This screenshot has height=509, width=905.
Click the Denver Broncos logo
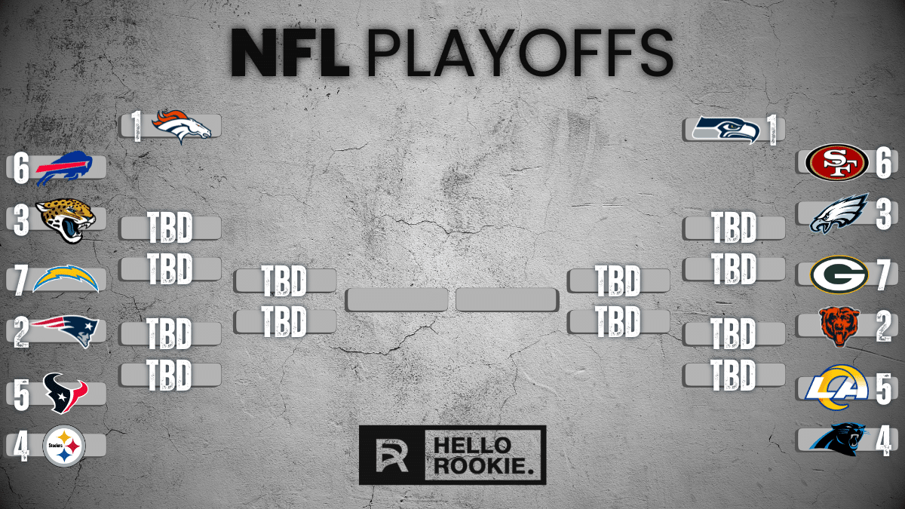(182, 127)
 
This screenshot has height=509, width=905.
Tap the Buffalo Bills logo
(68, 168)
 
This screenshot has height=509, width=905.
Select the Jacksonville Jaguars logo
(66, 220)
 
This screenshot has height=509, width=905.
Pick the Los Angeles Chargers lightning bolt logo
(66, 279)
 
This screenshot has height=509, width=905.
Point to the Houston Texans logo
(65, 393)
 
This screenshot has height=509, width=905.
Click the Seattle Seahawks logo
(726, 129)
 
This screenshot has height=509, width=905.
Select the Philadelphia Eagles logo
(839, 214)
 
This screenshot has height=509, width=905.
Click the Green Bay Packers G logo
(839, 275)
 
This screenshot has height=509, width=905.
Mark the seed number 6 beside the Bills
(21, 169)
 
